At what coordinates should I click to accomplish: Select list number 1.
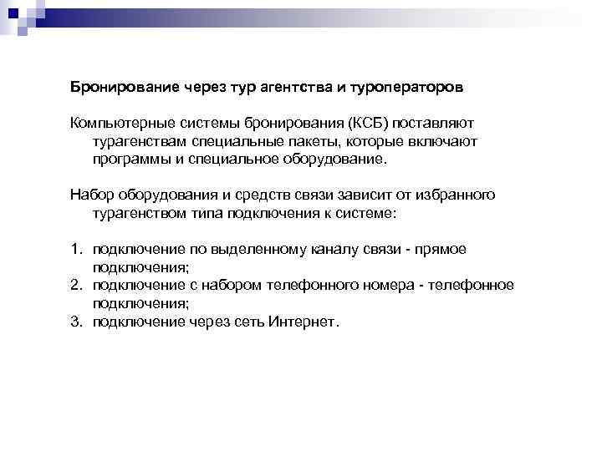click(x=75, y=249)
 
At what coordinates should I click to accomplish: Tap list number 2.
click(x=75, y=285)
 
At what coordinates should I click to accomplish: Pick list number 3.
click(x=75, y=321)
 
